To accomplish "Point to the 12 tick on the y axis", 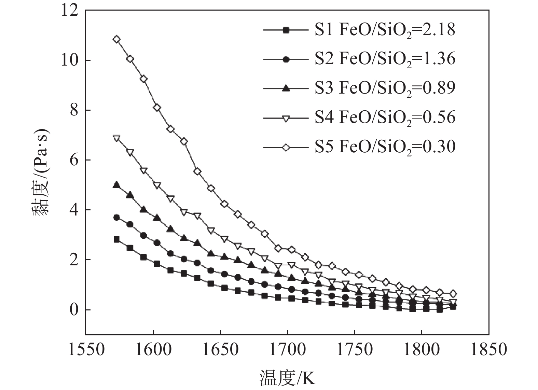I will coord(70,11).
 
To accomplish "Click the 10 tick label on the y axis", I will coord(70,60).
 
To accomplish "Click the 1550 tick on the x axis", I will coord(86,350).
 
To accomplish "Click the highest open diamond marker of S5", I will coord(117,39).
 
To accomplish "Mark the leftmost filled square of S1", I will coord(117,239).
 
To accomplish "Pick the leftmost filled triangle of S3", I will coord(117,185).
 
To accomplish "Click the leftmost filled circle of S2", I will coord(117,218).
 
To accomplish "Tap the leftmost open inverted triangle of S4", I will coord(117,138).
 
